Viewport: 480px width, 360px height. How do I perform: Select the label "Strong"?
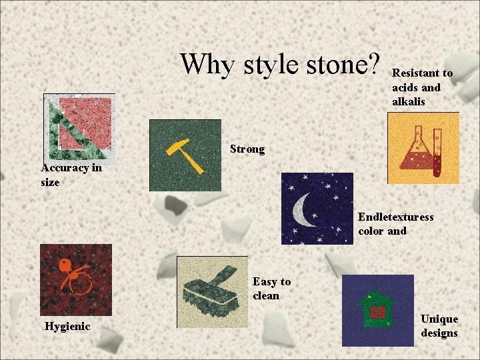pos(247,149)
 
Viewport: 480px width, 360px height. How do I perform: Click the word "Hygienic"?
pos(67,326)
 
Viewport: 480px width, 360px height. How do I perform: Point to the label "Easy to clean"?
pos(271,289)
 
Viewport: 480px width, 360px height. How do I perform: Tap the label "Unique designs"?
pos(439,326)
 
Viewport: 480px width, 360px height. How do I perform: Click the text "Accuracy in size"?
pos(71,175)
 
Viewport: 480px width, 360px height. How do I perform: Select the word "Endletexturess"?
pos(395,217)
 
